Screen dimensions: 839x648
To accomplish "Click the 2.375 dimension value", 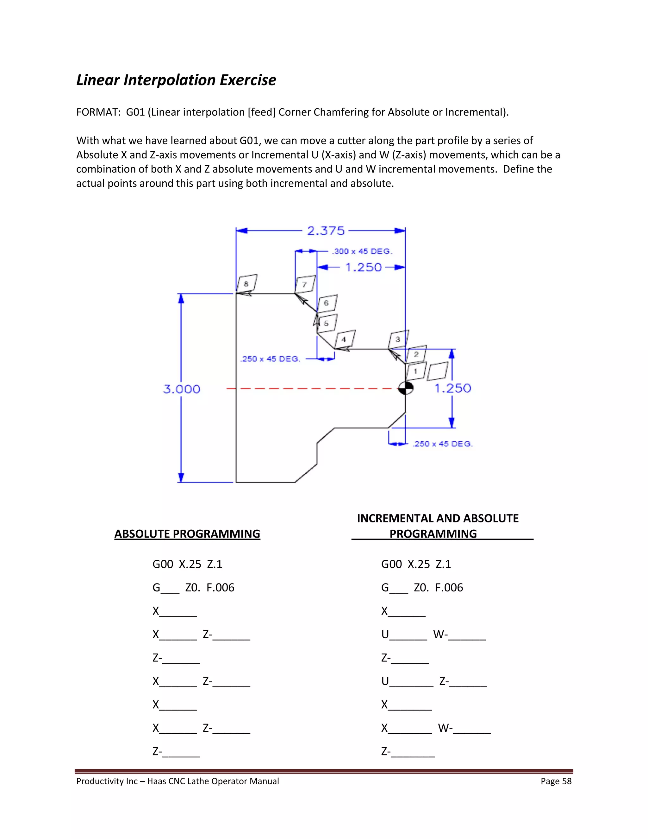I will (x=326, y=231).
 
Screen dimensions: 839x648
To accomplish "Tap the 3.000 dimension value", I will (x=182, y=389).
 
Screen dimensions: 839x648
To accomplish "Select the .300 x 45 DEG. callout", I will (x=362, y=251).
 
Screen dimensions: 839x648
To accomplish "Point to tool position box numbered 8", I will (x=247, y=283).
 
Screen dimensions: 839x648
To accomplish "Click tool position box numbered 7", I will (x=305, y=284).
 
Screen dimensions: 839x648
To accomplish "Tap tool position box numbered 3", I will (x=398, y=339).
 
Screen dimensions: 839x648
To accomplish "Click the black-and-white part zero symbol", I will (x=405, y=388).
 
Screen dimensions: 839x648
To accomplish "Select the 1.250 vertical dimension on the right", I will (x=452, y=388).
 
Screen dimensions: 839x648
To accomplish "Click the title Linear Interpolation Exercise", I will (x=176, y=80).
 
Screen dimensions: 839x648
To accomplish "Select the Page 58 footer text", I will (x=556, y=781).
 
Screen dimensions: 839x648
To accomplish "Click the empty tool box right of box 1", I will (x=438, y=371).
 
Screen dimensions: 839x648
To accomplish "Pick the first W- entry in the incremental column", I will (x=440, y=634).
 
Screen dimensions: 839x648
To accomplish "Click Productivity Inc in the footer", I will (x=107, y=781).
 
